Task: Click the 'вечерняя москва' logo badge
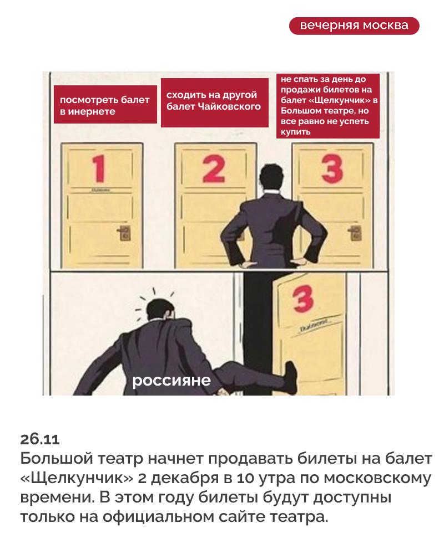point(354,26)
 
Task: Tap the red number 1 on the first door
point(99,169)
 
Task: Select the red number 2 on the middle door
point(214,170)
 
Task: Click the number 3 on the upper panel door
point(332,169)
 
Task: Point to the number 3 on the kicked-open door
point(303,299)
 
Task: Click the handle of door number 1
point(124,233)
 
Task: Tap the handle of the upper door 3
point(355,233)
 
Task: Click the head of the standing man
point(272,178)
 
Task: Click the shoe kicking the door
point(290,377)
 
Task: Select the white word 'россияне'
point(171,381)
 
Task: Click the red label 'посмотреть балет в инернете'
point(105,105)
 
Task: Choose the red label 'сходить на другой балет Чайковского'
point(215,103)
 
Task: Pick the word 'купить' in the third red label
point(296,132)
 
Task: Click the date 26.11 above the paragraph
point(39,439)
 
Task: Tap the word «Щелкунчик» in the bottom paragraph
point(77,478)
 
